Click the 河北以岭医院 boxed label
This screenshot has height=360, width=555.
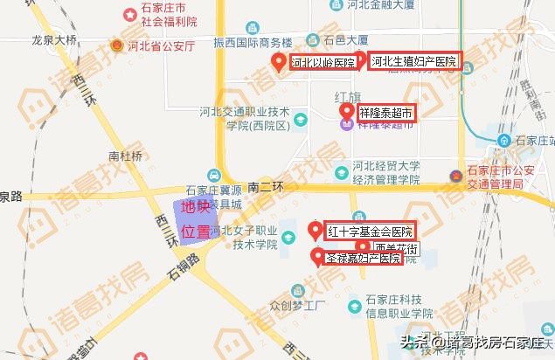click(x=323, y=62)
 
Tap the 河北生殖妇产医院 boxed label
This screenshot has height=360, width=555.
click(x=413, y=62)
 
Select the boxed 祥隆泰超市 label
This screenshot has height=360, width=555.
click(x=385, y=113)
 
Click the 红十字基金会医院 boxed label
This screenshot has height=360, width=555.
click(x=370, y=232)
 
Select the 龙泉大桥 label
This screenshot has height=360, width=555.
click(x=55, y=40)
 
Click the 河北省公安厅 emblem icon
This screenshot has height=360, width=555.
click(x=115, y=45)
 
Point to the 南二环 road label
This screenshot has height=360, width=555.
click(x=267, y=186)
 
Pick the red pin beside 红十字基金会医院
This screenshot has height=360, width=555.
click(x=316, y=231)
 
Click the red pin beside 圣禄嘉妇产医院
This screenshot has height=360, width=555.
click(x=316, y=256)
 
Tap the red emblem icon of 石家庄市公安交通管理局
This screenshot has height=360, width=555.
click(x=454, y=176)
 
